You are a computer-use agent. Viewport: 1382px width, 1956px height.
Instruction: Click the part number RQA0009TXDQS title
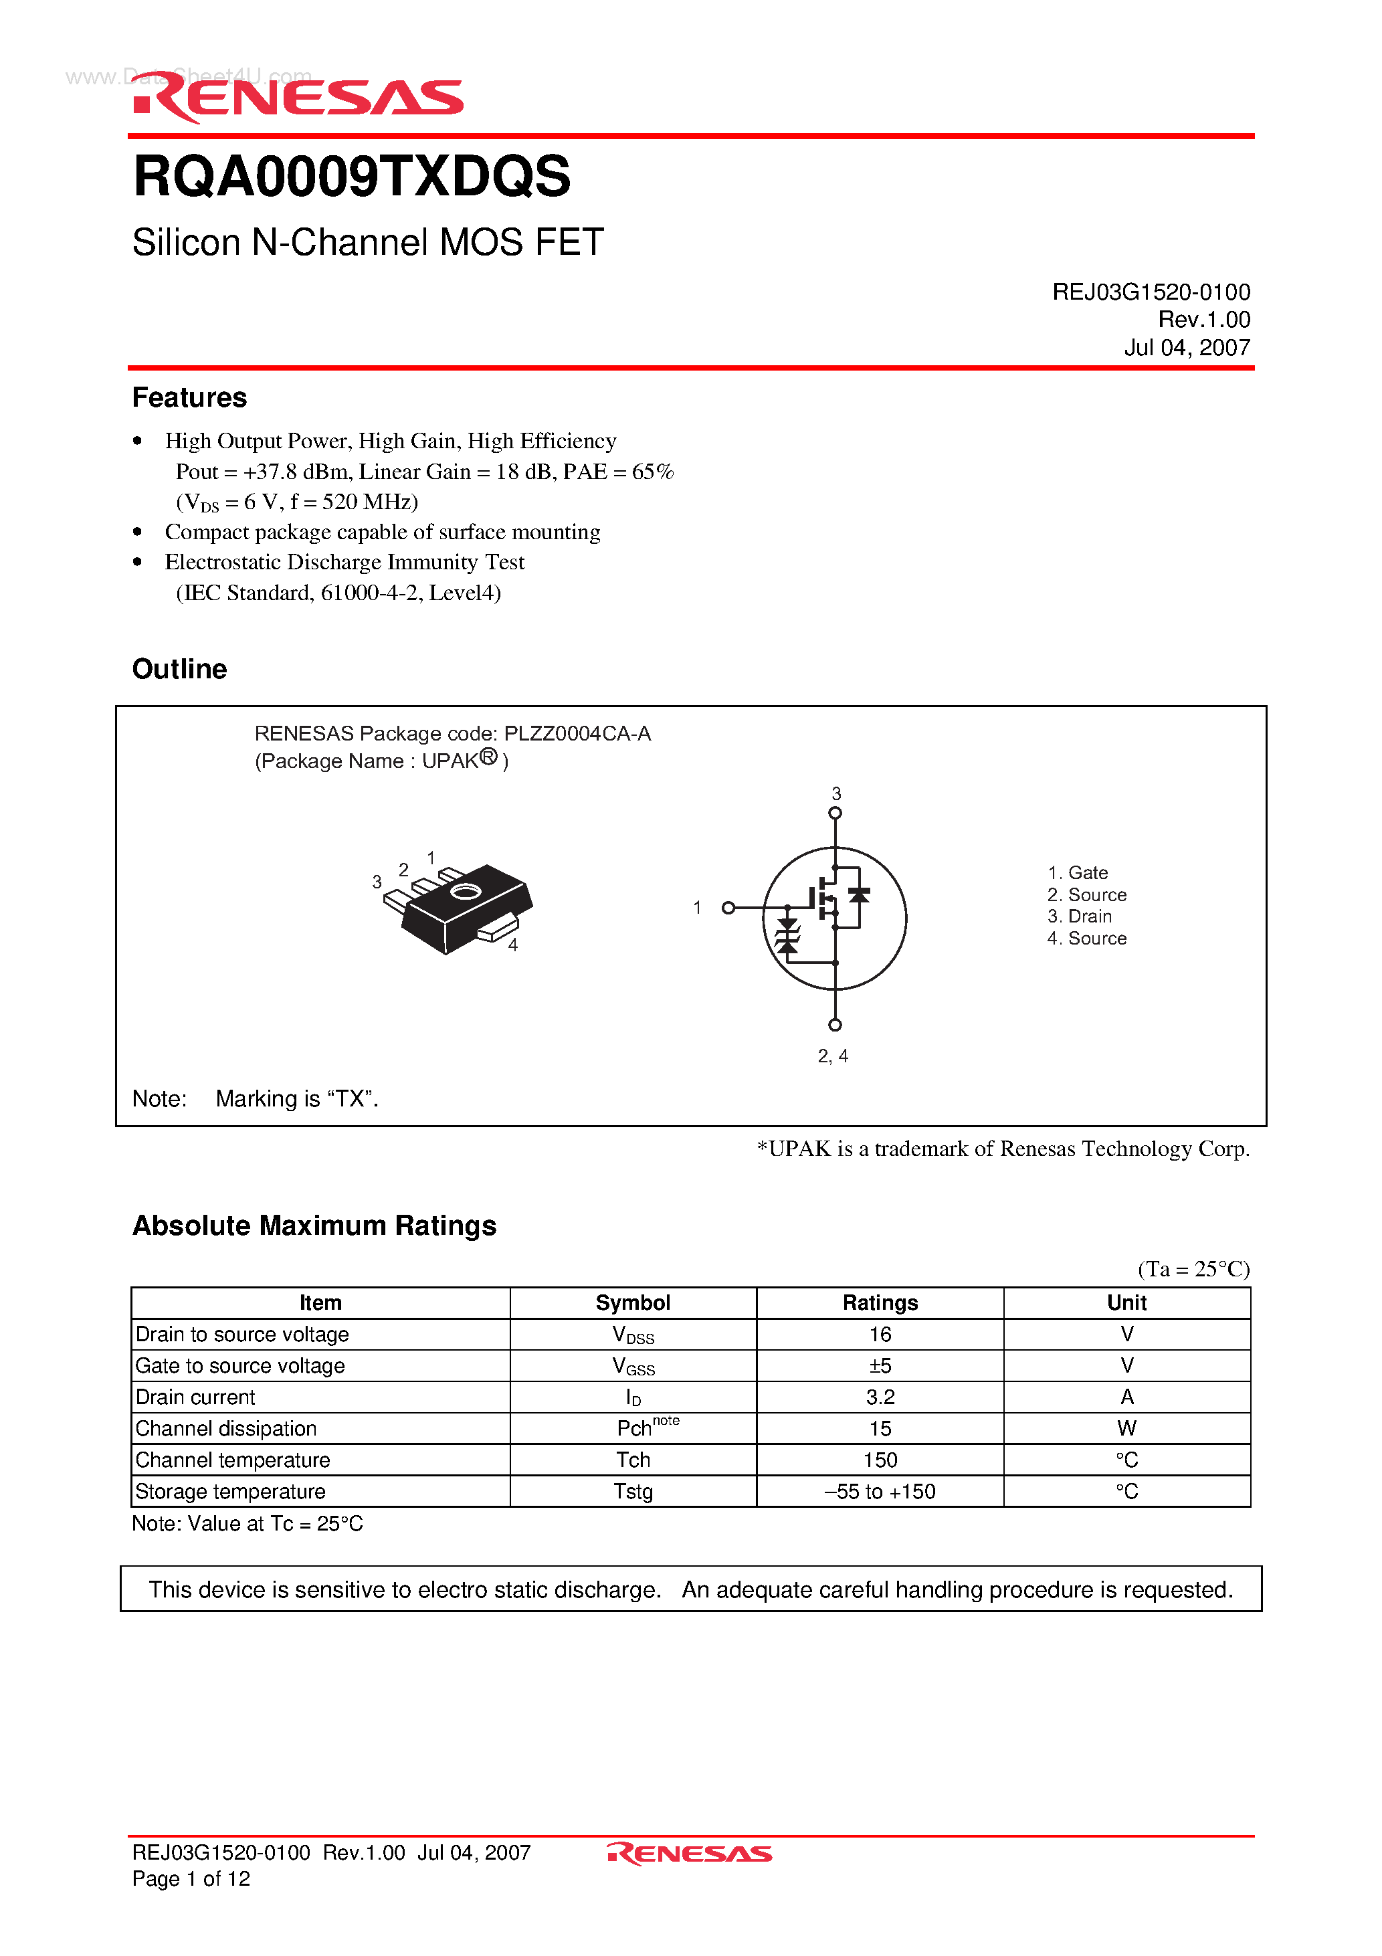[x=351, y=177]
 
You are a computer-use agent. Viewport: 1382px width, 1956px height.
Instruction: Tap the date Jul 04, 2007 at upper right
[x=1186, y=348]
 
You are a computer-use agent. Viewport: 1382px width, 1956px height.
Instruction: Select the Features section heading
[x=189, y=398]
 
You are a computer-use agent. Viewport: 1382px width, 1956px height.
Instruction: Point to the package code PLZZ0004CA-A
[x=577, y=733]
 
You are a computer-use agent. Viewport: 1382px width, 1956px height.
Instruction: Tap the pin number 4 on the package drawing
[x=513, y=945]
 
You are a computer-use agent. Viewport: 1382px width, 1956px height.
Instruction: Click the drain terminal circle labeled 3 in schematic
[x=835, y=813]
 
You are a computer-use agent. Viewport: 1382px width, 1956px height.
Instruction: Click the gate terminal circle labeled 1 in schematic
[x=728, y=908]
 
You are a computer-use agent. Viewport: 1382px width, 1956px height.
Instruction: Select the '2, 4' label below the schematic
[x=832, y=1056]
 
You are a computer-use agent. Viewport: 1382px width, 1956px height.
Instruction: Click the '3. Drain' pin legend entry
[x=1079, y=916]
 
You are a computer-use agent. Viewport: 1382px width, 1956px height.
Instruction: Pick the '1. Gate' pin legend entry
[x=1077, y=873]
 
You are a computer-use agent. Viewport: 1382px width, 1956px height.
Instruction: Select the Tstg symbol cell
[x=633, y=1492]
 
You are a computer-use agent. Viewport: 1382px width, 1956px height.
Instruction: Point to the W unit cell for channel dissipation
[x=1126, y=1429]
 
